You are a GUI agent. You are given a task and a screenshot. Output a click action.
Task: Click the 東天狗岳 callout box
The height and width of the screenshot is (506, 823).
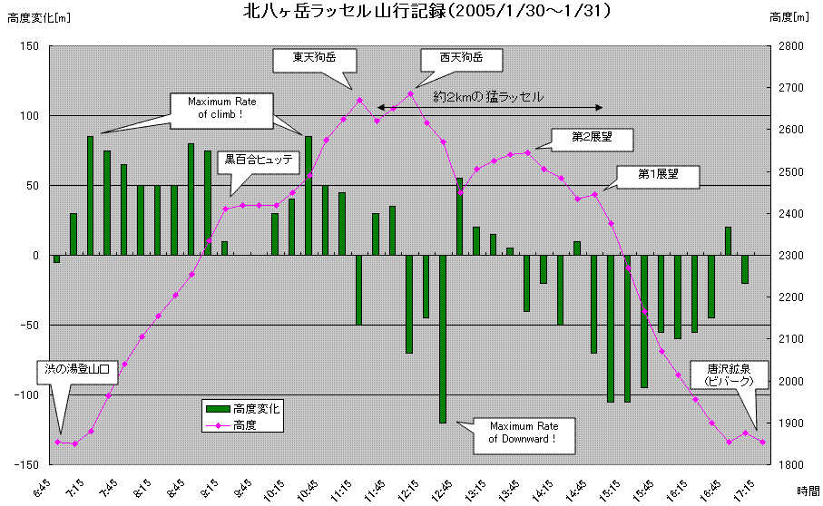[x=314, y=59]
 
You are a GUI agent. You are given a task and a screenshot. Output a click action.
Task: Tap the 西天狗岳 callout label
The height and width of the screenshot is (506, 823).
[x=461, y=59]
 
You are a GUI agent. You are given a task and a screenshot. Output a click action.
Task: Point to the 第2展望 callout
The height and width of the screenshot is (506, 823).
[x=592, y=138]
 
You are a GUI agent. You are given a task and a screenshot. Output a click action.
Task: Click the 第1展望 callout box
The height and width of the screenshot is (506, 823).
[x=659, y=175]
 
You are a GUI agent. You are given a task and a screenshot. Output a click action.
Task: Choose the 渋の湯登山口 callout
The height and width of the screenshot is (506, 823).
[x=77, y=370]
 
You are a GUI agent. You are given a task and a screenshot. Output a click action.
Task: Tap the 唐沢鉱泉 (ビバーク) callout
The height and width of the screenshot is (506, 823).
[x=729, y=375]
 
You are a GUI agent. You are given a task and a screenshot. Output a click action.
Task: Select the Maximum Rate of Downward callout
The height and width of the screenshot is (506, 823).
[x=521, y=433]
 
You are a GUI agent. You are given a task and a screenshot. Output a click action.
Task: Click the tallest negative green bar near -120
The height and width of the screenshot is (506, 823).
[x=443, y=339]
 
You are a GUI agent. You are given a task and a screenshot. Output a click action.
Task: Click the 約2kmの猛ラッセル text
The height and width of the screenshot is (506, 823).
[x=488, y=96]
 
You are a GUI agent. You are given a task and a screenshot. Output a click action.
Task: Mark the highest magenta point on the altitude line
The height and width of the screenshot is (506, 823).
[x=410, y=93]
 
